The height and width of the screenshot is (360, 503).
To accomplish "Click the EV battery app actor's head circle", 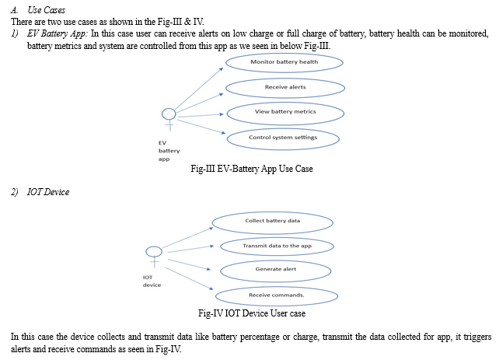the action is [169, 109].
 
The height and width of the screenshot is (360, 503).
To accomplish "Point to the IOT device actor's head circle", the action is [154, 246].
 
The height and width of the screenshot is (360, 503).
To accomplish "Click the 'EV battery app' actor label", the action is [169, 151].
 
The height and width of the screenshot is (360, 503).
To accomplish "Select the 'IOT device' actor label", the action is [152, 281].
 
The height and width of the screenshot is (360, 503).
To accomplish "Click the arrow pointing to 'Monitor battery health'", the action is [199, 89].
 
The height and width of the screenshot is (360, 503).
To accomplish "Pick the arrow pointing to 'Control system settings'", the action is [201, 127].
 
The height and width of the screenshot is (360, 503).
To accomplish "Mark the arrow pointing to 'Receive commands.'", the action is [189, 278].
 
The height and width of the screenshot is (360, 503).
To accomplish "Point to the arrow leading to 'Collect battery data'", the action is [187, 237].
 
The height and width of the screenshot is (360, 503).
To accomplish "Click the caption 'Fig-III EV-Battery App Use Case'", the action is [252, 169].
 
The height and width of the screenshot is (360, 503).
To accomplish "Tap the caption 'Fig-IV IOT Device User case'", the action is [252, 313].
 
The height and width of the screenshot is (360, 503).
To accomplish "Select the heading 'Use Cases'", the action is [46, 10].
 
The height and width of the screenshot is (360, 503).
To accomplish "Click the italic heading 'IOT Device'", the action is [48, 192].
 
